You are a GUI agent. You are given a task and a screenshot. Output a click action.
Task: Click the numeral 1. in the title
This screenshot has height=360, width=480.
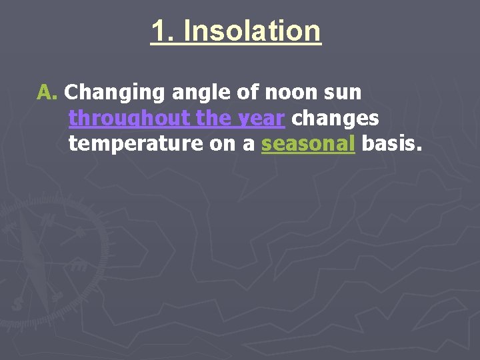click(163, 31)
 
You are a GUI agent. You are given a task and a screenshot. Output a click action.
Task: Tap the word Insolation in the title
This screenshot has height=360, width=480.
click(251, 31)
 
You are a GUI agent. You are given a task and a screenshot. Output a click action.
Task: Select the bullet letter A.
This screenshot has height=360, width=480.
click(48, 91)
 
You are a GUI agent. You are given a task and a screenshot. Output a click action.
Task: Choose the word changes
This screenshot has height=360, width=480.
click(335, 118)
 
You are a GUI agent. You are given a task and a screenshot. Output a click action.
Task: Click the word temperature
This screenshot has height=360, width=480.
click(127, 144)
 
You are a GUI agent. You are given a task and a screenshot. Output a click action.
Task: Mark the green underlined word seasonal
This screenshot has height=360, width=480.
click(308, 143)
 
